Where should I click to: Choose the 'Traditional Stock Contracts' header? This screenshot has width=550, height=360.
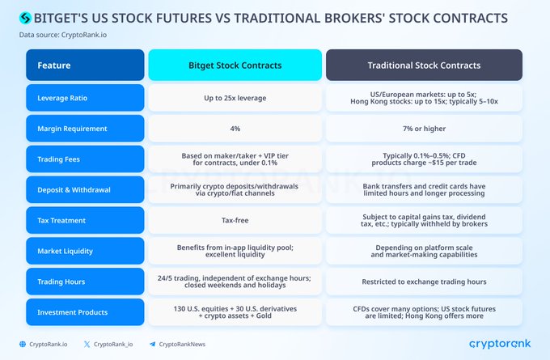point(424,65)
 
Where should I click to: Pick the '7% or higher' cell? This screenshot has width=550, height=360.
point(424,129)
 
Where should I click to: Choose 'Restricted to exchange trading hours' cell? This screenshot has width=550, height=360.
point(424,282)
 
